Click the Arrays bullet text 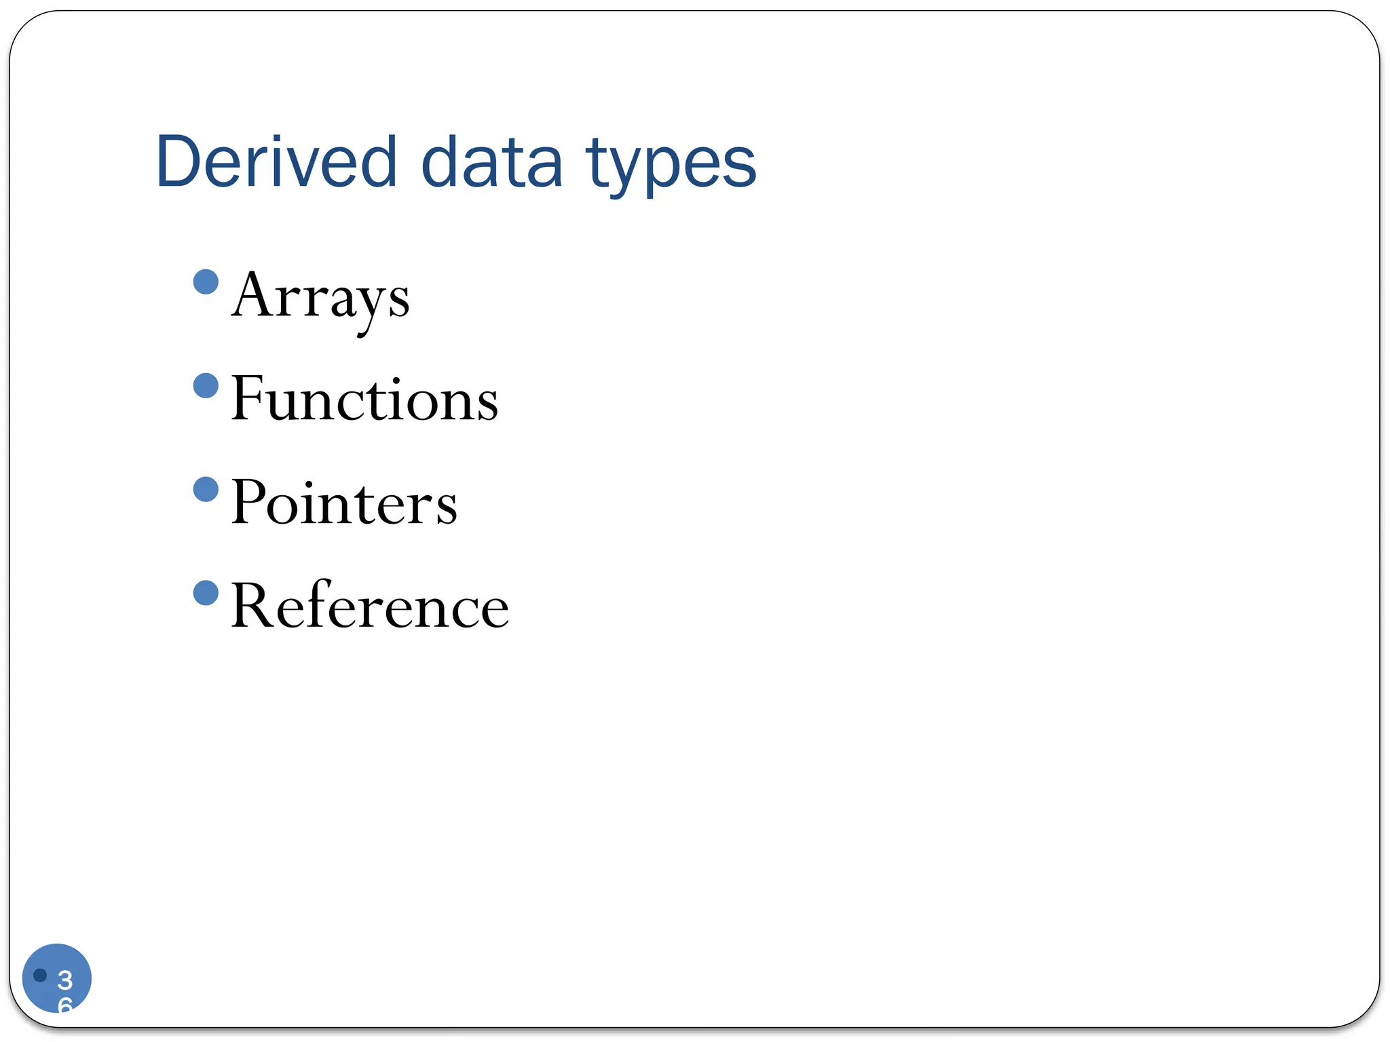point(320,296)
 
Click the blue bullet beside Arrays point(206,282)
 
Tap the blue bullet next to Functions point(206,385)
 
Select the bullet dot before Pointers point(206,489)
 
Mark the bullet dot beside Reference point(206,592)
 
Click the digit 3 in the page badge point(65,980)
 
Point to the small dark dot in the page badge point(40,975)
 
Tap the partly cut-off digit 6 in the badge point(65,1005)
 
